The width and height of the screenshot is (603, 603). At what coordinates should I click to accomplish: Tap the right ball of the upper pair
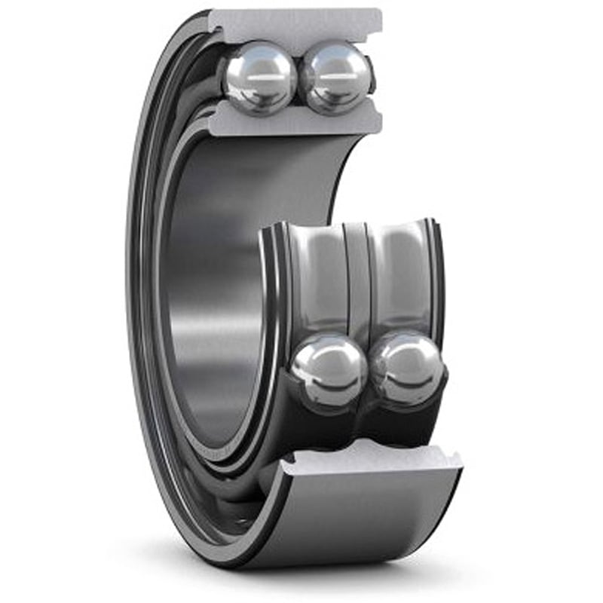click(335, 78)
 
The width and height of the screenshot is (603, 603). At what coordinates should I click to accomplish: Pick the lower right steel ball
click(408, 369)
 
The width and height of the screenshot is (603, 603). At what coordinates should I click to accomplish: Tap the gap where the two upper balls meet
click(298, 78)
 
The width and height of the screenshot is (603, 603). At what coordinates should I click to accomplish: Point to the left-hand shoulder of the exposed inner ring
click(271, 286)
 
